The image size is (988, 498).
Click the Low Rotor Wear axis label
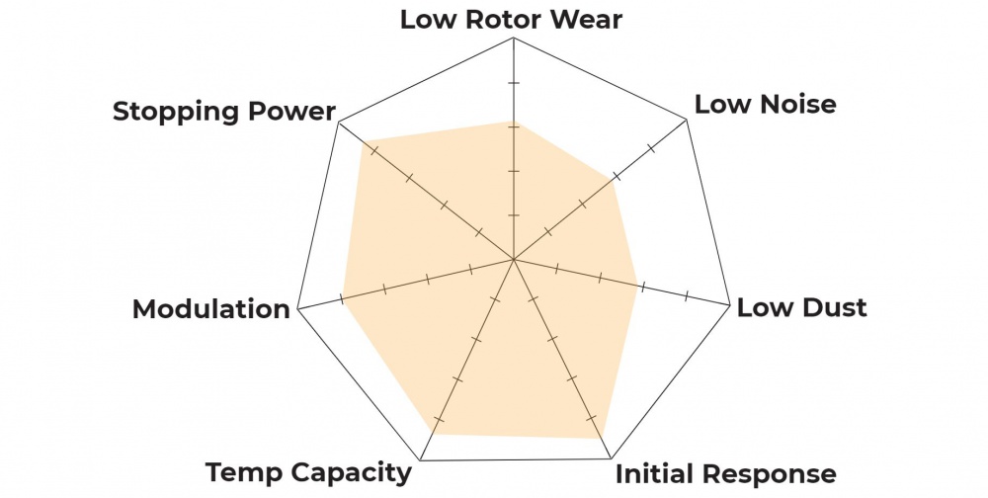point(511,20)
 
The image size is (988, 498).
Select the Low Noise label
point(765,104)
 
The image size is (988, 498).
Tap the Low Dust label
point(801,307)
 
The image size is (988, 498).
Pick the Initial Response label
point(725,472)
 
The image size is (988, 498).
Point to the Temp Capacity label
point(308,472)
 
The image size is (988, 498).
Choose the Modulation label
point(211,309)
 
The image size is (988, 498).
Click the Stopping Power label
point(224,111)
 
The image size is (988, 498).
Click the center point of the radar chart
point(513,260)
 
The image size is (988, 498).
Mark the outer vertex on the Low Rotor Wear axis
point(514,39)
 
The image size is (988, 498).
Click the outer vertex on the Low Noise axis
point(687,122)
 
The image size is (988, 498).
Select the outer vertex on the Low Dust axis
point(729,308)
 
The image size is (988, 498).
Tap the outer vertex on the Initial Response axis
point(609,459)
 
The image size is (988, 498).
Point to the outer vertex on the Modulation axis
point(297,308)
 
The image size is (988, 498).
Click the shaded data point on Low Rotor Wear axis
point(514,123)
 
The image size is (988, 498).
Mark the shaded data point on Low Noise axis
point(613,181)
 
